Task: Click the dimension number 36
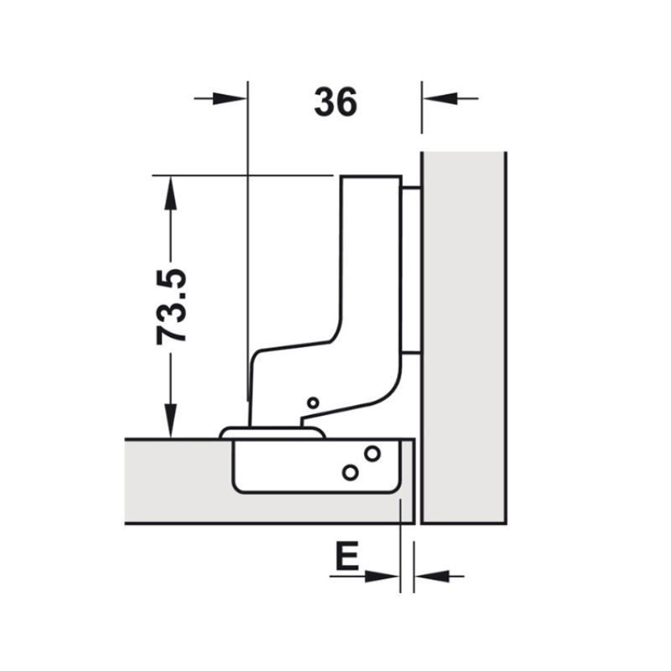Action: [335, 101]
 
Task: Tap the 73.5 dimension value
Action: [173, 305]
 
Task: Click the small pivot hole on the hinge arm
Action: [313, 403]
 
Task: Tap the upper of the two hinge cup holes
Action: [372, 454]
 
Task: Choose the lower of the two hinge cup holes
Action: [351, 472]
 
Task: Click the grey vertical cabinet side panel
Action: [464, 335]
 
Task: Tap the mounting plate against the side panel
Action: [411, 268]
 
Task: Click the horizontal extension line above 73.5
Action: [243, 175]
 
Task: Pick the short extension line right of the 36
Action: [422, 107]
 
